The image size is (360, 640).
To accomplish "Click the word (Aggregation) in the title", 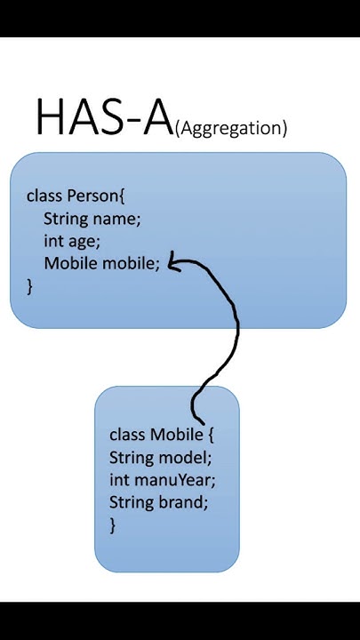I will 231,128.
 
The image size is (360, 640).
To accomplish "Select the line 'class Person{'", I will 82,195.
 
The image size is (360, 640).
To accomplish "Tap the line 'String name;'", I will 92,218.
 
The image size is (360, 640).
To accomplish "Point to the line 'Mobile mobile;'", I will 101,263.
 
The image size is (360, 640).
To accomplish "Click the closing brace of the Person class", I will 29,285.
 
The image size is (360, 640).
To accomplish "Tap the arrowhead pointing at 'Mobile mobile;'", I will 174,262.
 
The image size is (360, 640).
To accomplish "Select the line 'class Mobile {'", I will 161,435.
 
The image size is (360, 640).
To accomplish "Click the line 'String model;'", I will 160,458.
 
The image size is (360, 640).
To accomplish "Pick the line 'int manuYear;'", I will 162,480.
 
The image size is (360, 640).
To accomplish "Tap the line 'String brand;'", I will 158,502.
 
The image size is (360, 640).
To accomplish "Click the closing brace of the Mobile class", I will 113,524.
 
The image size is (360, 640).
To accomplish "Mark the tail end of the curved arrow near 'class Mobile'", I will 203,420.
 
